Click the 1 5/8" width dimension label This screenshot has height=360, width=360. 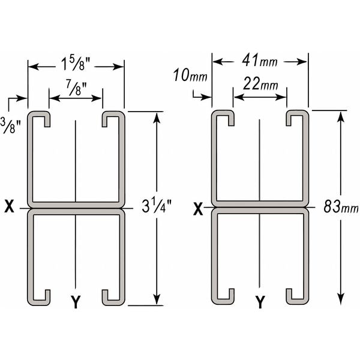click(x=76, y=62)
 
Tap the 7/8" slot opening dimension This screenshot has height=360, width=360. click(x=76, y=91)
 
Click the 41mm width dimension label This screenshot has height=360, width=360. click(x=260, y=61)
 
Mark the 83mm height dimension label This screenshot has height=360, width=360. click(x=340, y=209)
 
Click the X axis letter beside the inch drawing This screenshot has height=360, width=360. click(x=9, y=208)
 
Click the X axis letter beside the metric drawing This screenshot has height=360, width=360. click(x=199, y=209)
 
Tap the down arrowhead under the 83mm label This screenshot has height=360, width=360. click(x=340, y=299)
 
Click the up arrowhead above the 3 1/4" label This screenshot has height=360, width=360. click(x=157, y=118)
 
